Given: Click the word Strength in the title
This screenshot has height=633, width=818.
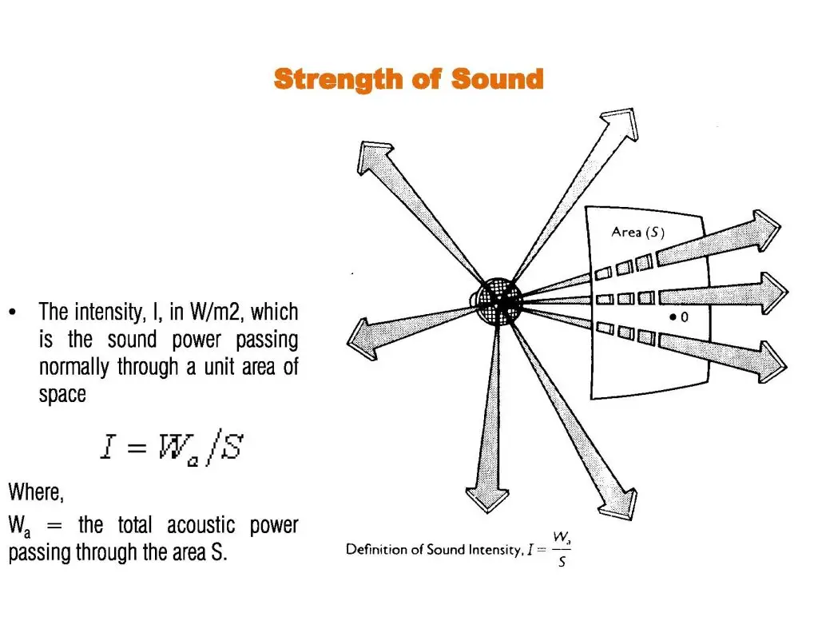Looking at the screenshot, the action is [339, 80].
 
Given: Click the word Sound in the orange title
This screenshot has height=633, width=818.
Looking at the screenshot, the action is [497, 79].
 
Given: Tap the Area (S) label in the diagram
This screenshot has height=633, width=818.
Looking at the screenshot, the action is [637, 233].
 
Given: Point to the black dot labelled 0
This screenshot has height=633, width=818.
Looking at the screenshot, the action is [673, 316].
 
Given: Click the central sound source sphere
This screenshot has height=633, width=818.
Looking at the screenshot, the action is [499, 301].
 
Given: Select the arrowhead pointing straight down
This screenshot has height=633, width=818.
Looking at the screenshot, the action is [487, 500].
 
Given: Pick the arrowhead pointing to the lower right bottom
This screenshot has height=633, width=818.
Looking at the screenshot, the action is [620, 504].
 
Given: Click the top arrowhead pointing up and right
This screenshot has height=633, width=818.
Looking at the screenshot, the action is [621, 124].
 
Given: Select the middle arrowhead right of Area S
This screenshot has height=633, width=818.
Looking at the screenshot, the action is [773, 293].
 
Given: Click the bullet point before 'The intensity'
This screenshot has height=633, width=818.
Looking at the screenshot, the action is [13, 313].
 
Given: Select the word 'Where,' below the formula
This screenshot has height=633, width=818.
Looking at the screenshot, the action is [36, 492].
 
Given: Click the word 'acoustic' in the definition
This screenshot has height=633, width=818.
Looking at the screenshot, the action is [201, 525].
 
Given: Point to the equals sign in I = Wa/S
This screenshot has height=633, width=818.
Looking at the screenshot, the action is [136, 448].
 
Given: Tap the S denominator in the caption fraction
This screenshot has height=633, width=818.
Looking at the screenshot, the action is [562, 562].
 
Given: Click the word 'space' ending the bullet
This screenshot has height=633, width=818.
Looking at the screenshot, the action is [62, 395].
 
